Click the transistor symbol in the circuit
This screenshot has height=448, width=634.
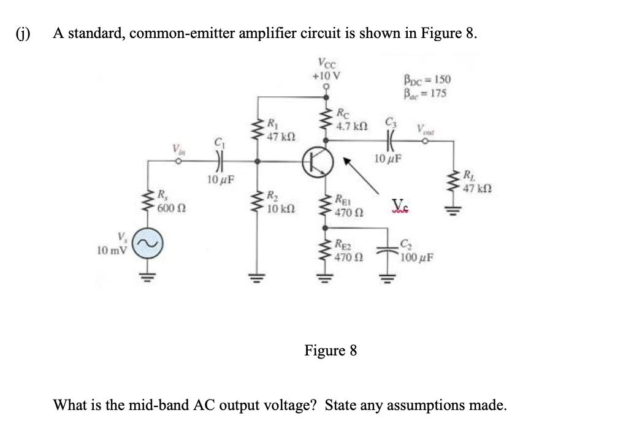click(318, 162)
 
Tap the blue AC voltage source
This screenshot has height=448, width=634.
click(148, 243)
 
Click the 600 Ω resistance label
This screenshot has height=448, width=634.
click(172, 208)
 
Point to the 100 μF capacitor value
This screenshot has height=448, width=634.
click(417, 257)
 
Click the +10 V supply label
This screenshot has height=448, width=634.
click(326, 75)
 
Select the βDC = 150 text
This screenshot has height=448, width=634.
click(427, 79)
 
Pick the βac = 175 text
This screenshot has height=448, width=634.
click(426, 93)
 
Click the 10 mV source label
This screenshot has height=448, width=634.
click(112, 251)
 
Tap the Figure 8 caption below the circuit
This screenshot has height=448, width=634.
click(330, 350)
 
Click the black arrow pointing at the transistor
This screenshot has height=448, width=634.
click(361, 176)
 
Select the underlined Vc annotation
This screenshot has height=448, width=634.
click(401, 204)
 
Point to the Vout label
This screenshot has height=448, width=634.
click(426, 130)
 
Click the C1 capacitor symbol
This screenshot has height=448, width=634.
click(219, 161)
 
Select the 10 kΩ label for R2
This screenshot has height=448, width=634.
click(281, 209)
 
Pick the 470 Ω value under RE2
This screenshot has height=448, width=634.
click(349, 257)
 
